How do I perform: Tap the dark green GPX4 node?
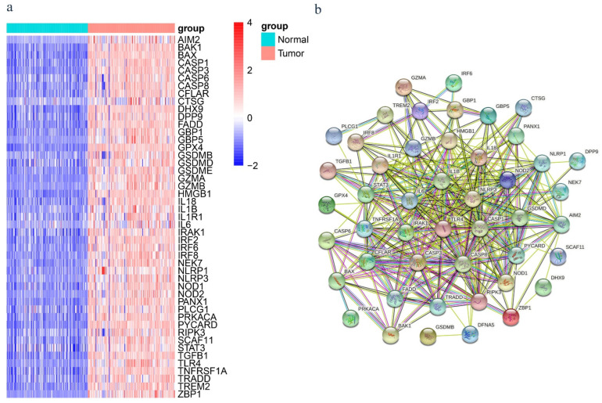[x=328, y=205]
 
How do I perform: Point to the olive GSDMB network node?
[x=428, y=336]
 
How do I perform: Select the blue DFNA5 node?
[x=470, y=335]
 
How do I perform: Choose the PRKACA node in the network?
[x=351, y=318]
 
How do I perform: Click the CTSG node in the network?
[x=525, y=108]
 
